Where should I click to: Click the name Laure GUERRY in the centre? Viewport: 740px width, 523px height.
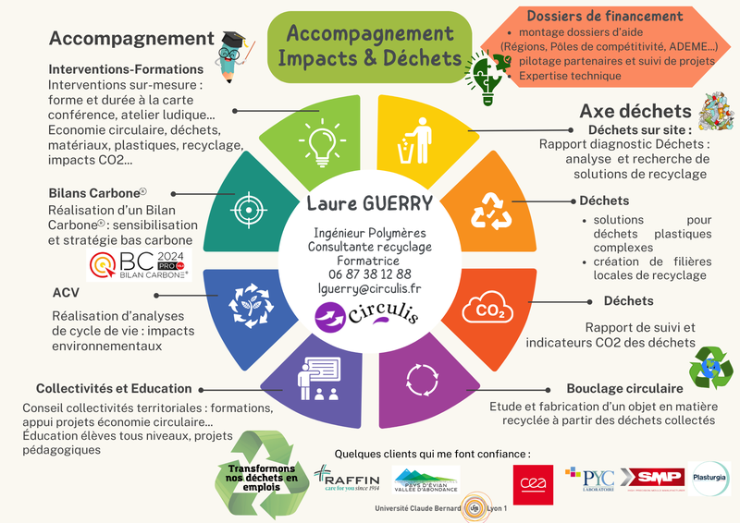[369, 203]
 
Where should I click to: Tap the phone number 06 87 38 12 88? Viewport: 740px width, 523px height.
[370, 274]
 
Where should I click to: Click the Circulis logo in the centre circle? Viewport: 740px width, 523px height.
[369, 317]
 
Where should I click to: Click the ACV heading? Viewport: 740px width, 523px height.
[66, 293]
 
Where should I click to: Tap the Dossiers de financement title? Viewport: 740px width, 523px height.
[604, 16]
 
